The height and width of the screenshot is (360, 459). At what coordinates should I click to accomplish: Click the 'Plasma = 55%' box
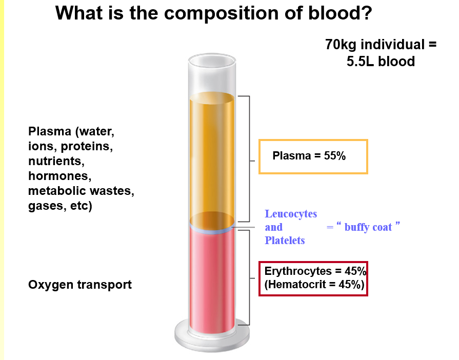313,156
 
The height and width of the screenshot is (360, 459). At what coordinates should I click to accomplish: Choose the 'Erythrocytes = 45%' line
315,271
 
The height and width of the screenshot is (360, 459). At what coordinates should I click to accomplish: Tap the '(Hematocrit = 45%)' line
314,285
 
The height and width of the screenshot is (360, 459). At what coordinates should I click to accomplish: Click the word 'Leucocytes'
291,214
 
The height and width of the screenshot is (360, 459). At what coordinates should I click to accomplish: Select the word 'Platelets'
285,240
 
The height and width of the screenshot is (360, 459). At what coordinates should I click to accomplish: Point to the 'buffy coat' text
368,227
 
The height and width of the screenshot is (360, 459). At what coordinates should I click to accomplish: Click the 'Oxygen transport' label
79,285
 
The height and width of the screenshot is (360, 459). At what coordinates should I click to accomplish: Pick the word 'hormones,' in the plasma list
59,177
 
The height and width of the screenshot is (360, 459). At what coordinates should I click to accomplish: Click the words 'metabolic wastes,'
81,192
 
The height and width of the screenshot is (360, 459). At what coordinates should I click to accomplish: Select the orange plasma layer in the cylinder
212,159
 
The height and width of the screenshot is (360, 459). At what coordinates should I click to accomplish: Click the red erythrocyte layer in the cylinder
212,277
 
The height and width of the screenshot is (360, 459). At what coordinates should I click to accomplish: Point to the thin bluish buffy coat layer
212,230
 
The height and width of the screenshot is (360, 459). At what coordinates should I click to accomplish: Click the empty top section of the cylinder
212,77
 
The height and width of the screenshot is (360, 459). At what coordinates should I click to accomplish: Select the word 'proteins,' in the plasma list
87,146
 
